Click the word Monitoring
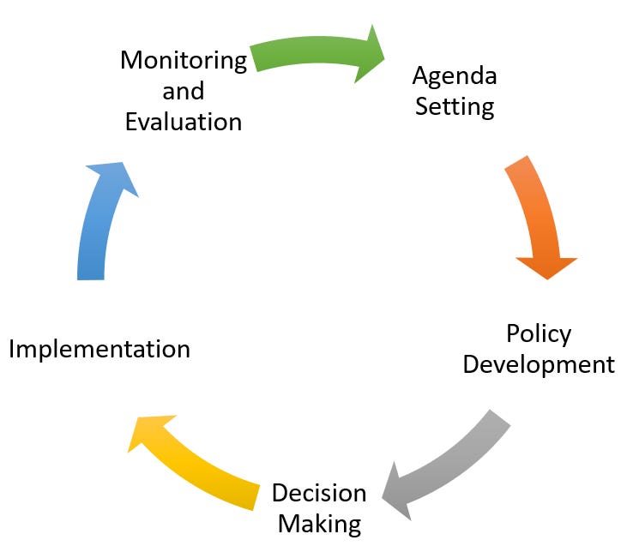[184, 61]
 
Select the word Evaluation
[184, 121]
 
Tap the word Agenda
[455, 76]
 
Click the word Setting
[454, 106]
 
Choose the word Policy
[539, 333]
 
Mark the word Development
[539, 363]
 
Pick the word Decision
[319, 493]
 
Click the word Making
[319, 523]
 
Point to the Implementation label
[99, 349]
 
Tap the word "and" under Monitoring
[184, 91]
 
